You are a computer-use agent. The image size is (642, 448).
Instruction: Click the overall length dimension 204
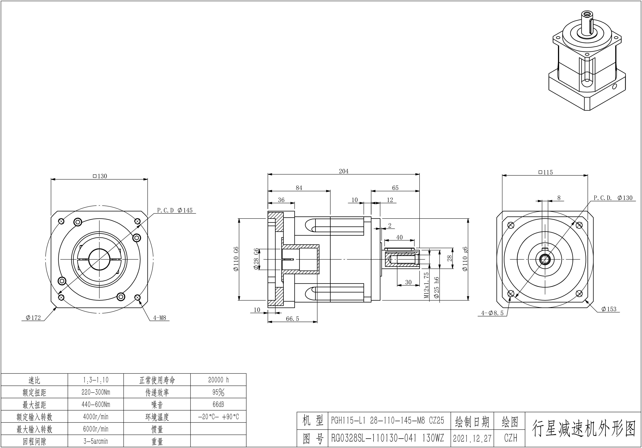point(344,171)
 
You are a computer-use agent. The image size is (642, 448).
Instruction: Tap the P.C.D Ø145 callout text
point(175,210)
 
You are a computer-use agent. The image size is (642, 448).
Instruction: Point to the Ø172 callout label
point(33,318)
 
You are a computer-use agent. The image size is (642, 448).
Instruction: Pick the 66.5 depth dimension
point(292,319)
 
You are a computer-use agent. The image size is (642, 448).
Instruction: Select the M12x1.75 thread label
point(426,285)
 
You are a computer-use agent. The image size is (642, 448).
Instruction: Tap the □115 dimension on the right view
point(546,172)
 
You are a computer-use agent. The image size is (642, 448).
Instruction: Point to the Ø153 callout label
point(609,309)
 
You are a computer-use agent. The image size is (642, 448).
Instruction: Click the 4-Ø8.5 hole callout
point(492,313)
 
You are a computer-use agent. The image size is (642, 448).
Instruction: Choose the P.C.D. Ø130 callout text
point(613,198)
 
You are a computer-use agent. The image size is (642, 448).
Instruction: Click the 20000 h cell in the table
point(218,380)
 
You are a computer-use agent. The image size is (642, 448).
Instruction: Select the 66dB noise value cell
point(218,404)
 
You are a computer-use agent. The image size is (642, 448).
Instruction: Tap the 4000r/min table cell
point(96,417)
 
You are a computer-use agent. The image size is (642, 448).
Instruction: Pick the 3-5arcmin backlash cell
point(96,441)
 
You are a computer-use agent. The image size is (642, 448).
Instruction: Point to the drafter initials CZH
point(511,438)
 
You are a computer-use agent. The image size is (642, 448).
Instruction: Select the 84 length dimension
point(299,188)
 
